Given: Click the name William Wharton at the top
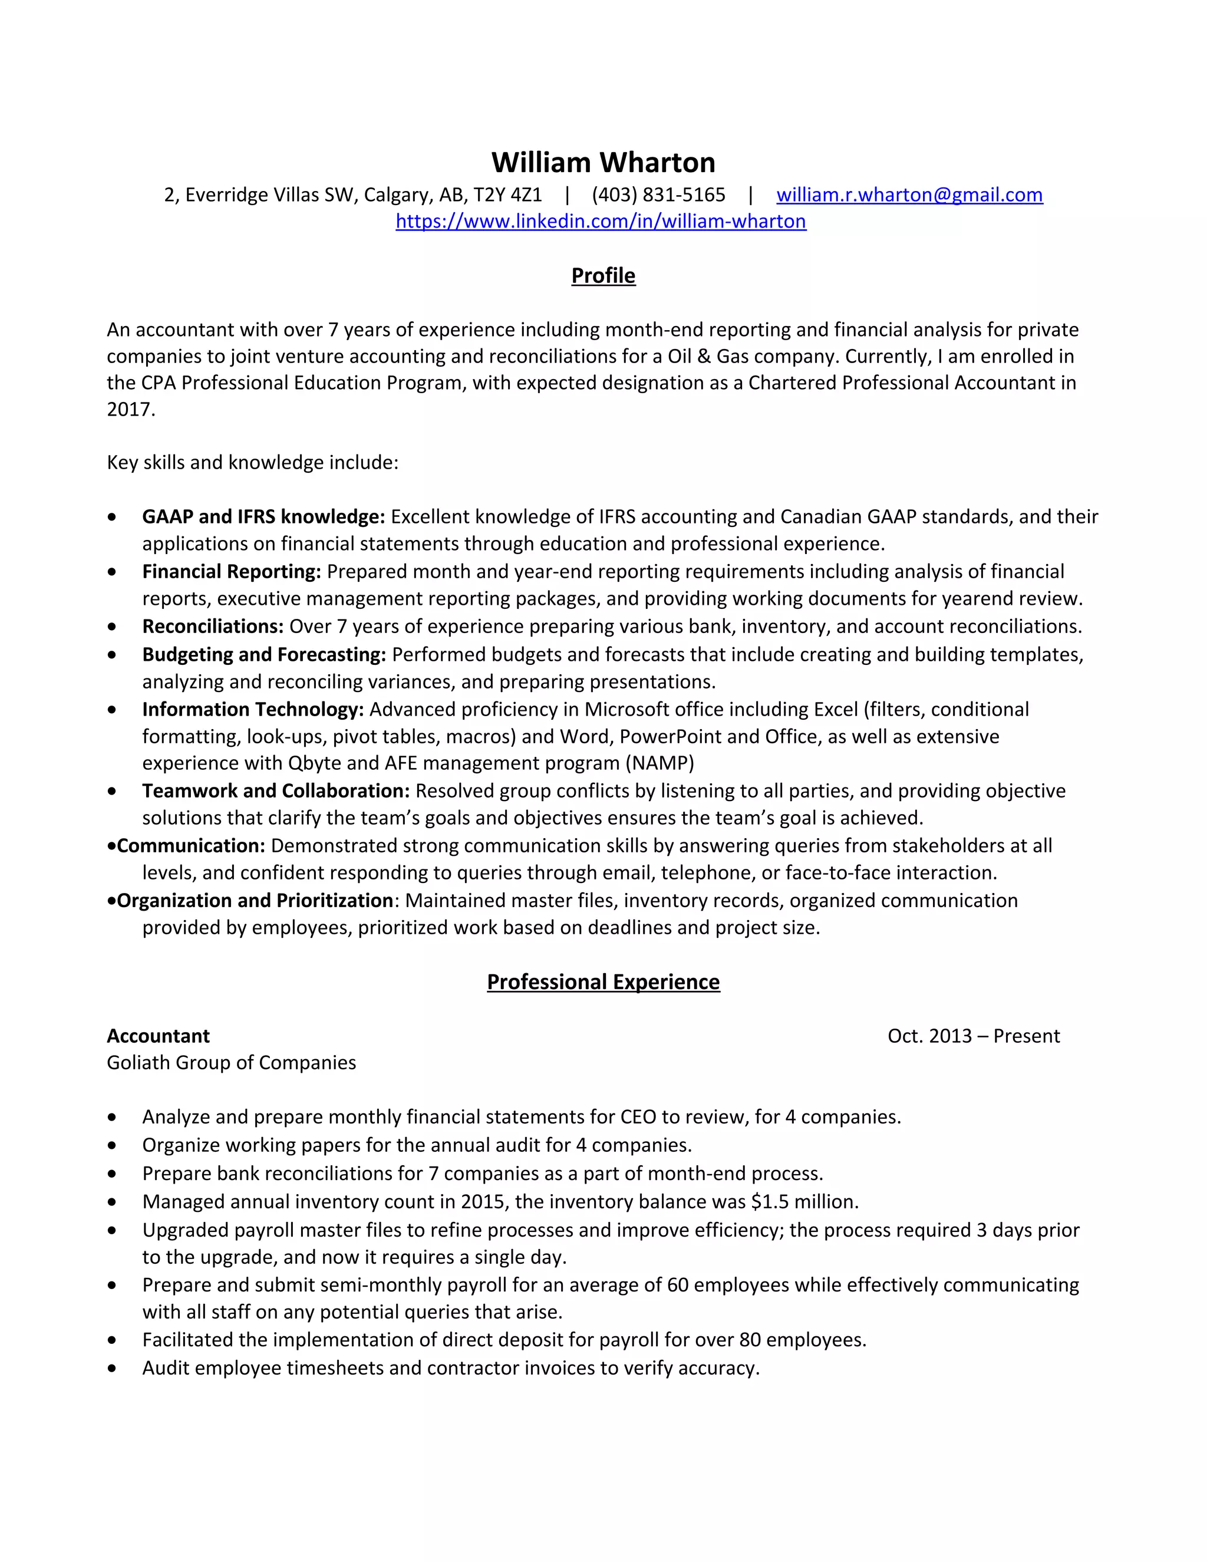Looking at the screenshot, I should pos(603,163).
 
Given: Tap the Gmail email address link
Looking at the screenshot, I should pos(909,195).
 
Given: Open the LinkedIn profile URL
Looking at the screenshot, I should pos(601,222).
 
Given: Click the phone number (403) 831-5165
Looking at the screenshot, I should pos(658,195).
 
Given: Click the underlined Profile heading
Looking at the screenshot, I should pos(603,276).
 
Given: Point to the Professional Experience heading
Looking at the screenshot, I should pos(603,982).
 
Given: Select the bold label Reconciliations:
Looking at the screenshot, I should pos(212,627).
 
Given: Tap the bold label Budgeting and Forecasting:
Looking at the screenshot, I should pos(264,654).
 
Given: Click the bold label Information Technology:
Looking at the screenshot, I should pos(252,710).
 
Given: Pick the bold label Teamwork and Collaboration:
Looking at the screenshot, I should pos(275,791).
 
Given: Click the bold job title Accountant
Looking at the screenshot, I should pos(158,1036).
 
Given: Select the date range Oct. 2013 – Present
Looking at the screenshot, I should pos(973,1036).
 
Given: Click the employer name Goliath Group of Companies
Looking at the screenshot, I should pos(231,1063).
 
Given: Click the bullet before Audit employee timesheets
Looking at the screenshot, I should pos(111,1368).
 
